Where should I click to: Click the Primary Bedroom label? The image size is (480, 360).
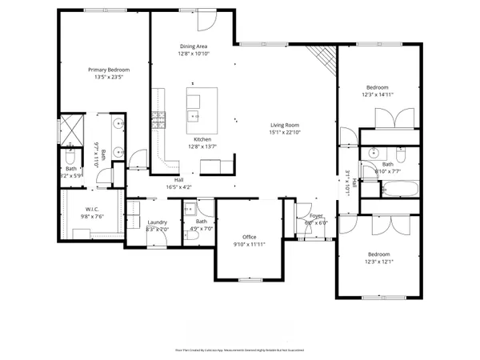pos(108,70)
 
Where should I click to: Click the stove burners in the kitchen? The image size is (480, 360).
pos(158,122)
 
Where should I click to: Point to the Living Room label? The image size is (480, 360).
pos(284,125)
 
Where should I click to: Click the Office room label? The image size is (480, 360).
pos(250,238)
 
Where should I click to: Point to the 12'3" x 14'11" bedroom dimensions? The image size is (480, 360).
pos(378,95)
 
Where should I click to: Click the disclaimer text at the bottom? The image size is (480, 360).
pos(239,350)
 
